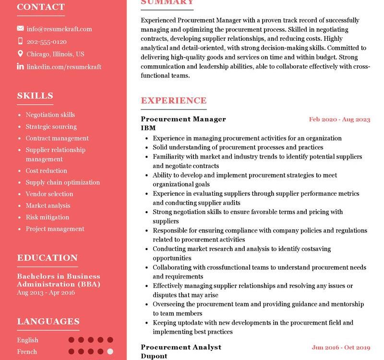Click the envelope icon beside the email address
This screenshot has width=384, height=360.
pos(20,29)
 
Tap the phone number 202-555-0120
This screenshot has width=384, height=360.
pos(47,42)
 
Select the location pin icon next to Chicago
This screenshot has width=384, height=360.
pos(20,54)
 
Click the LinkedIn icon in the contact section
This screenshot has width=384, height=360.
pos(20,67)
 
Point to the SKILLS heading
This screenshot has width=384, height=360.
pos(35,96)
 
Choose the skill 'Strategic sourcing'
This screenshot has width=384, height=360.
pos(51,127)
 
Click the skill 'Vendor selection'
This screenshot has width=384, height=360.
pos(49,194)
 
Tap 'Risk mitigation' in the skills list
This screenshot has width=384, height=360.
pos(48,217)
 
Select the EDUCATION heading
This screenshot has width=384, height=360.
pos(47,258)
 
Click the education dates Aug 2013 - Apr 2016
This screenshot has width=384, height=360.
pos(46,292)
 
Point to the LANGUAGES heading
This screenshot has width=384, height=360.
pos(48,322)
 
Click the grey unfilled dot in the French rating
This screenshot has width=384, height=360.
pos(110,351)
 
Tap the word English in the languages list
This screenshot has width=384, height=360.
pos(27,340)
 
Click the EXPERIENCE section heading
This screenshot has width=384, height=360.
pos(173,100)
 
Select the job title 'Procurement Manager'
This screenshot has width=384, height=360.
pos(183,119)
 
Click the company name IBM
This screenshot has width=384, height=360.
pos(148,128)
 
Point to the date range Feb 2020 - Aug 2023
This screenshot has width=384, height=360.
pos(339,120)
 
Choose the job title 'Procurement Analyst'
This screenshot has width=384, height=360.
pos(181,347)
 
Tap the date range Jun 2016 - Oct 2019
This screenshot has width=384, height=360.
pos(341,348)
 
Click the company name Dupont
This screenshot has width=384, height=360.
pos(154,356)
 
